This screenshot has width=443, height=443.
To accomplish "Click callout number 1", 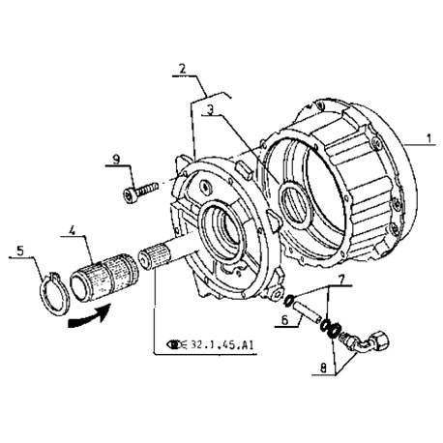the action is click(x=428, y=138).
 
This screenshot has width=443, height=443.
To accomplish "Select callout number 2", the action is click(x=183, y=69).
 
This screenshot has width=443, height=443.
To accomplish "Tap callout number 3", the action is click(x=210, y=110).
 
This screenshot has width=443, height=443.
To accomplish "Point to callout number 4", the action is click(x=73, y=230).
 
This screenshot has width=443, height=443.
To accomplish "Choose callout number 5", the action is click(x=20, y=251).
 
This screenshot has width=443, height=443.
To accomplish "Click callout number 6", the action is click(x=284, y=320).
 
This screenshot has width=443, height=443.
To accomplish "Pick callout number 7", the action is click(x=340, y=280).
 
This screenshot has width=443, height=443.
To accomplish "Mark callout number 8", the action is click(x=323, y=368).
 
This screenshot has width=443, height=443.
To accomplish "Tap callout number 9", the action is click(x=116, y=159).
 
